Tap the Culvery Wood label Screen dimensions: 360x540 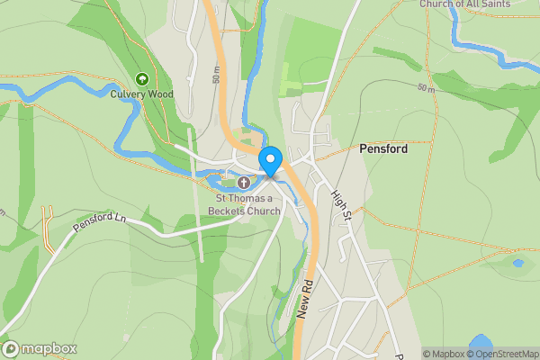(141, 94)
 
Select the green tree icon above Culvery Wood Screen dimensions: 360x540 (141, 79)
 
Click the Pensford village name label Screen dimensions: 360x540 (382, 149)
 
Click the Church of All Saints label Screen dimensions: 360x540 (464, 4)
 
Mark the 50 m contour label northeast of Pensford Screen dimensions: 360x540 (426, 88)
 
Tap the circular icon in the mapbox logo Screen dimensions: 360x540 (12, 348)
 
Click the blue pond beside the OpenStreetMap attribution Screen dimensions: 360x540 (481, 343)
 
